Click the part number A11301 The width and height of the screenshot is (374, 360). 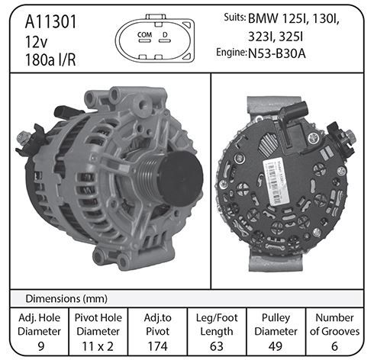tap(50, 22)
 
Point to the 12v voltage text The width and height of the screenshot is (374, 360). tap(36, 42)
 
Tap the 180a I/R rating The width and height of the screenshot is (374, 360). tap(50, 60)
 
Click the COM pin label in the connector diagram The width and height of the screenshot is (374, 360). tap(144, 34)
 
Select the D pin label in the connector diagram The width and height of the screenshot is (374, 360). tap(165, 34)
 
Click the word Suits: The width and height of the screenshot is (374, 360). tap(235, 18)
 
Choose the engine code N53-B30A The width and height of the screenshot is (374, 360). tap(277, 53)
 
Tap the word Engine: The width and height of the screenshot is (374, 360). tap(231, 53)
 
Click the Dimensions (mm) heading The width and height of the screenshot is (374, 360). tap(66, 299)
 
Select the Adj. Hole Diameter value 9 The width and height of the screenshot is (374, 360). tap(40, 346)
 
